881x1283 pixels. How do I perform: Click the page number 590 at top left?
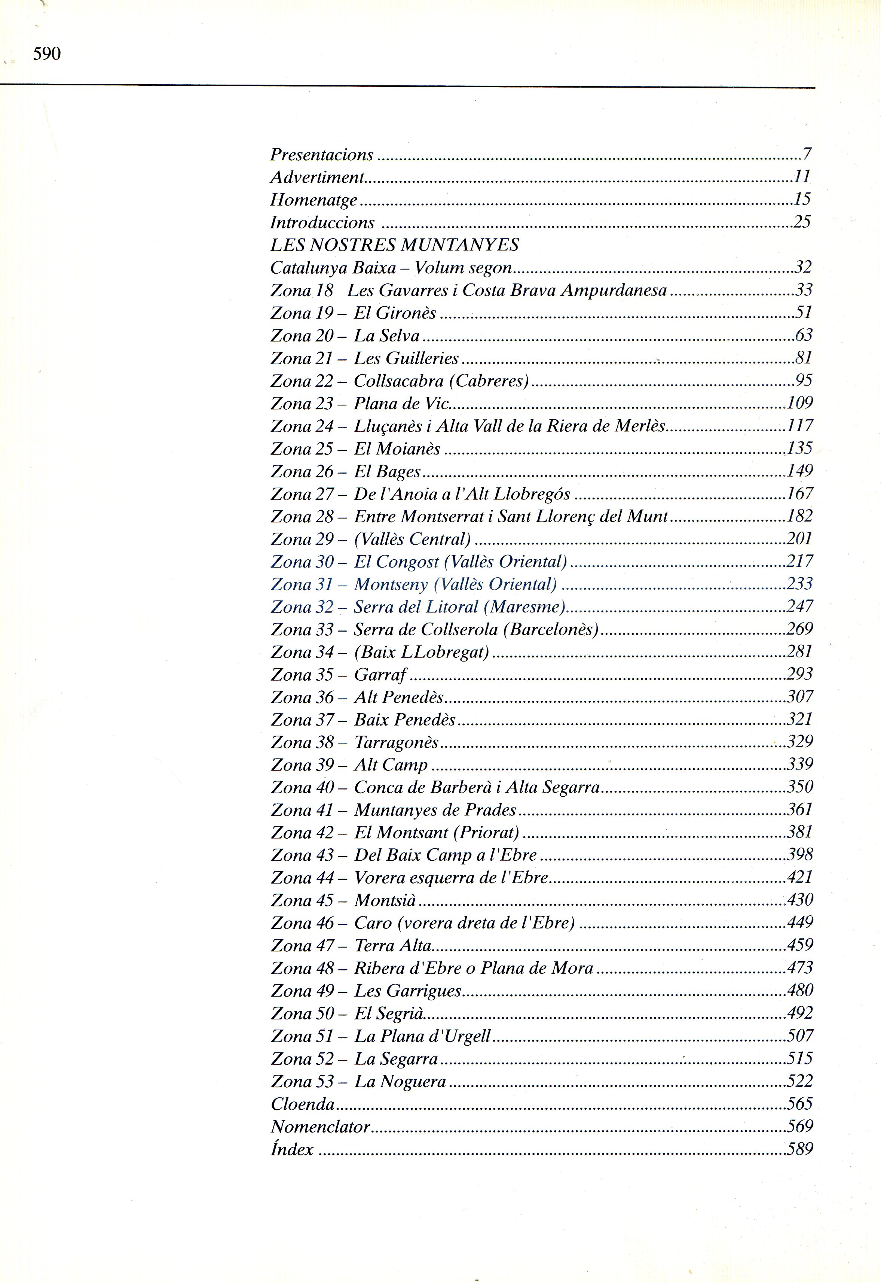tap(47, 54)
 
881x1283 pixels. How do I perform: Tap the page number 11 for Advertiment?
tap(802, 177)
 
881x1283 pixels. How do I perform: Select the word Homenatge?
tap(313, 200)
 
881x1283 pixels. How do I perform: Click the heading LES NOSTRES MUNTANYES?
tap(394, 245)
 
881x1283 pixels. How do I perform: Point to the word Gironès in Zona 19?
tap(406, 313)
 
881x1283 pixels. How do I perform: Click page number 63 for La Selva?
tap(803, 335)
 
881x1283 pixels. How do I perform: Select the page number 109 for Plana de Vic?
tap(800, 403)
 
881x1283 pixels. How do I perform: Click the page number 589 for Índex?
tap(800, 1149)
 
